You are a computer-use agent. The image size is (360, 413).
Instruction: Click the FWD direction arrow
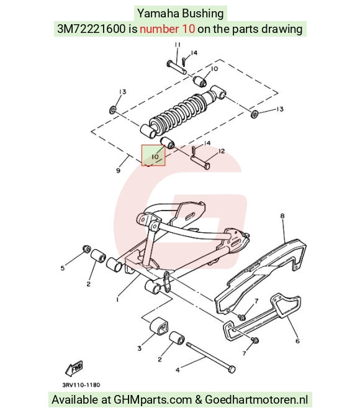[x=74, y=368]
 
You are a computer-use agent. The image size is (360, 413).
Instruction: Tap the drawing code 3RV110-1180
[x=81, y=385]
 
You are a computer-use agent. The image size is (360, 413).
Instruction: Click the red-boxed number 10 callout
[x=155, y=157]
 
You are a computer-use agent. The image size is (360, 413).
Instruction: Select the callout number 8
[x=282, y=216]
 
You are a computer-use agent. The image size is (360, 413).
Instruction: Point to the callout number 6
[x=297, y=341]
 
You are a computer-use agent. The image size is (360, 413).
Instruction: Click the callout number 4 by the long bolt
[x=178, y=370]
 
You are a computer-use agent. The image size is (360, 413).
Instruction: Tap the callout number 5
[x=62, y=268]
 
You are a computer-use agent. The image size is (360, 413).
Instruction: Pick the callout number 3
[x=139, y=348]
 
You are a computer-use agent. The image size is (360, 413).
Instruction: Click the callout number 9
[x=118, y=170]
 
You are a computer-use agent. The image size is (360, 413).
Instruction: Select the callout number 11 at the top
[x=178, y=45]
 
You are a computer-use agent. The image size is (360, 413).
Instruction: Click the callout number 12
[x=222, y=151]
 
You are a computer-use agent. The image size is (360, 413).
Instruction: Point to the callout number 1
[x=117, y=300]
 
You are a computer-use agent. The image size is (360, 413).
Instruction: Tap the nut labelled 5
[x=86, y=248]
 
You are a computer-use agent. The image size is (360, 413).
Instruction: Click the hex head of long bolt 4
[x=232, y=370]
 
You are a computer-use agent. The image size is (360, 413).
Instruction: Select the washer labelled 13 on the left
[x=113, y=110]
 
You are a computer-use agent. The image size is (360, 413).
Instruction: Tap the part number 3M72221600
[x=91, y=29]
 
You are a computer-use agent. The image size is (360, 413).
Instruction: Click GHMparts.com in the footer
[x=153, y=400]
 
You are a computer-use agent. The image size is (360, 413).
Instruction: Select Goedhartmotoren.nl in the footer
[x=256, y=400]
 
